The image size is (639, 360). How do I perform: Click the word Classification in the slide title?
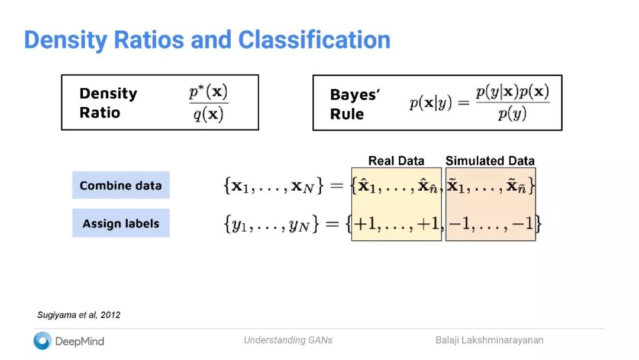point(314,40)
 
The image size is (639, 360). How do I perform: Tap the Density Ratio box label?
point(108,103)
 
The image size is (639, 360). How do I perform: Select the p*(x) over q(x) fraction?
point(208,102)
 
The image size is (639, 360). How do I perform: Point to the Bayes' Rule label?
point(354,104)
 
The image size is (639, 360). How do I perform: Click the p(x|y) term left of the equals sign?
point(431,103)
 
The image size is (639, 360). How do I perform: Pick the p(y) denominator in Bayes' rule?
point(512,114)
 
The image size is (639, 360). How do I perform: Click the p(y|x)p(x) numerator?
point(512,92)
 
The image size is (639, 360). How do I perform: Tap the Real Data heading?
point(396,160)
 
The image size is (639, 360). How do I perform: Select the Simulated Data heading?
point(490,160)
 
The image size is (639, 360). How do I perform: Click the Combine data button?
point(121,185)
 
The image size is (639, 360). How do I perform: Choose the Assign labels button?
point(121,223)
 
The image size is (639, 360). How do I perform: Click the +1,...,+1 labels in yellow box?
point(396,224)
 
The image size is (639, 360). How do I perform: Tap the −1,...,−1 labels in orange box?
point(491,224)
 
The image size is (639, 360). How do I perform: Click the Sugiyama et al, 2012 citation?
point(79,315)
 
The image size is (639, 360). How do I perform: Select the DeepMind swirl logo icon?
point(43,340)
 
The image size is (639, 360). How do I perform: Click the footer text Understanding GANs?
point(288,340)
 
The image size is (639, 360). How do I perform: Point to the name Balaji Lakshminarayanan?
point(489,340)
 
